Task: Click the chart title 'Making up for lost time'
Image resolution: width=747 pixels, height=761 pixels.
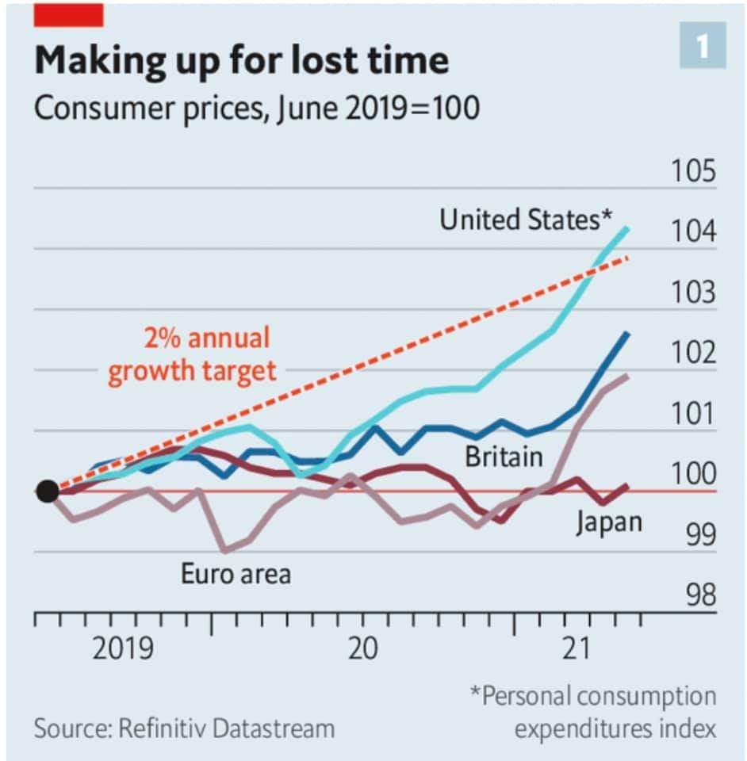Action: coord(241,60)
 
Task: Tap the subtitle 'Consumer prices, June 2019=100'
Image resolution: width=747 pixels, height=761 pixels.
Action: coord(256,107)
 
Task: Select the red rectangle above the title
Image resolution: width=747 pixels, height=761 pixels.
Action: coord(68,13)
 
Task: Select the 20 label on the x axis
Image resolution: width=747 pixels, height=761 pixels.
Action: coord(363,648)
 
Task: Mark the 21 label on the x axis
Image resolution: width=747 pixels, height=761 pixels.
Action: coord(580,648)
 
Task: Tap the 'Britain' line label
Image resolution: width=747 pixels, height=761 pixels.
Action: coord(504,457)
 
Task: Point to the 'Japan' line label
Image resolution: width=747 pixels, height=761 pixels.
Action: coord(609,522)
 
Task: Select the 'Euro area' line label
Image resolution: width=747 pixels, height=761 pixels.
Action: coord(236,572)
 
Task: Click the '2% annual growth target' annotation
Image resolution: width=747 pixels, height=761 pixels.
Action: coord(193,354)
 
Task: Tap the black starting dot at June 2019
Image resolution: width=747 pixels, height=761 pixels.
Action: coord(48,491)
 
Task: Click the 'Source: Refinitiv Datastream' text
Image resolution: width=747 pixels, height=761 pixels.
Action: coord(184,728)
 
